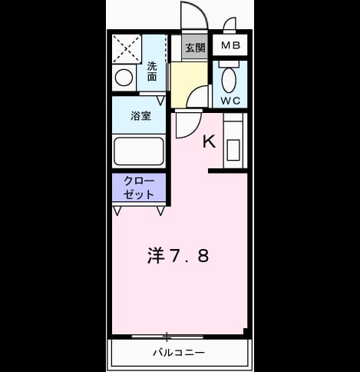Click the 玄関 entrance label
tap(195, 48)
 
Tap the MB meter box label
tap(230, 45)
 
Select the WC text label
tap(230, 101)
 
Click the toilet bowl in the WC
tap(229, 81)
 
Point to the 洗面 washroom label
tap(152, 71)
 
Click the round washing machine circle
tap(124, 78)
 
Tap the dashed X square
tap(127, 49)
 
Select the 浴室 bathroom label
tap(141, 116)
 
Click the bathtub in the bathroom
tap(139, 151)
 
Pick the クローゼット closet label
tap(139, 188)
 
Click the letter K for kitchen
tap(209, 141)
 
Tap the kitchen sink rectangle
tap(233, 150)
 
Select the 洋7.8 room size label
tap(178, 256)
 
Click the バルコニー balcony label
tap(179, 353)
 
